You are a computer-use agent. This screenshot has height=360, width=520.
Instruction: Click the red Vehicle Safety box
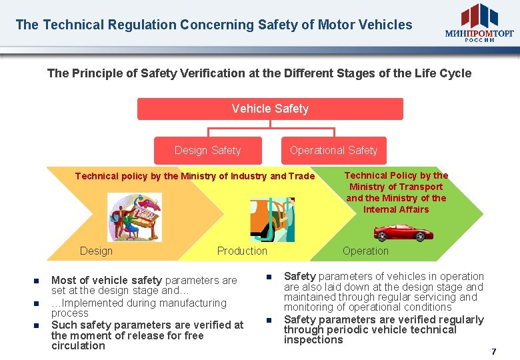tap(270, 109)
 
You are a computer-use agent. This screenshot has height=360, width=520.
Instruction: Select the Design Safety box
tap(207, 151)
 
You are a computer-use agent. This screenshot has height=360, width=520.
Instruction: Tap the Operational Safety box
tap(333, 151)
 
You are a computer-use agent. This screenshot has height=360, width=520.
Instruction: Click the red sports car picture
tap(403, 232)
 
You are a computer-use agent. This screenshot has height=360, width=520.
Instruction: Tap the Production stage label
tap(242, 251)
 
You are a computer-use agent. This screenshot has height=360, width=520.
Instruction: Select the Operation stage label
tap(365, 251)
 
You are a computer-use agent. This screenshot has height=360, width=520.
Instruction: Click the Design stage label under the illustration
tap(96, 251)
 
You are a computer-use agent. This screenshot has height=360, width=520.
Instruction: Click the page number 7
tap(494, 351)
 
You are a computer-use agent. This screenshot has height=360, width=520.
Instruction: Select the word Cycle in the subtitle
tap(455, 73)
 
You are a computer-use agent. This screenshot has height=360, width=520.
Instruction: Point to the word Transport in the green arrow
tap(419, 187)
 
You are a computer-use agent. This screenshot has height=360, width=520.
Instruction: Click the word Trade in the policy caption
tap(301, 177)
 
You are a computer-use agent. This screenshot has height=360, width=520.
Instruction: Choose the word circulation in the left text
tap(78, 346)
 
